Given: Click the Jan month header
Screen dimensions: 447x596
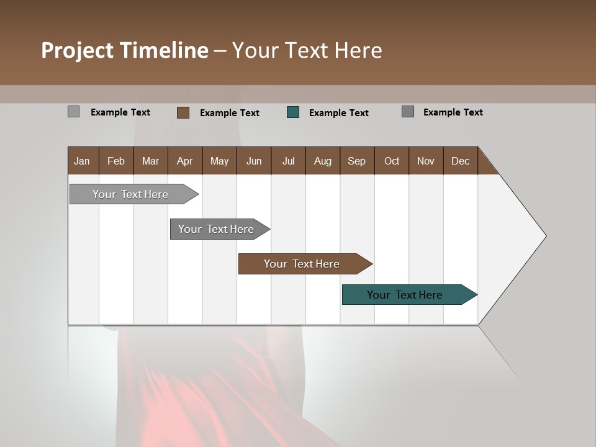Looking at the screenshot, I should pyautogui.click(x=82, y=161).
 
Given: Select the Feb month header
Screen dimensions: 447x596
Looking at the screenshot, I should pyautogui.click(x=116, y=161).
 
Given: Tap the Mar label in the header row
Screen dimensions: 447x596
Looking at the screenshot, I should pyautogui.click(x=150, y=161).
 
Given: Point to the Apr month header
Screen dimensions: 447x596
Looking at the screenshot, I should pyautogui.click(x=184, y=161).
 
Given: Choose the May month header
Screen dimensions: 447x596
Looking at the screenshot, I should pyautogui.click(x=219, y=161).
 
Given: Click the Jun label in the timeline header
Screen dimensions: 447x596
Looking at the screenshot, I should pyautogui.click(x=254, y=161).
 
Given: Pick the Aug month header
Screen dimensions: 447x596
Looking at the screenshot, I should pyautogui.click(x=322, y=161).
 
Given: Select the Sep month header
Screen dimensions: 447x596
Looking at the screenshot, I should pyautogui.click(x=356, y=161).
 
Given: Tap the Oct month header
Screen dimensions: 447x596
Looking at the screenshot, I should pyautogui.click(x=392, y=161).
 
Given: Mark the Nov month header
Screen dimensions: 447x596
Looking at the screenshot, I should pyautogui.click(x=426, y=161).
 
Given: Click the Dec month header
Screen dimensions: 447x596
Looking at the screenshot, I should pyautogui.click(x=460, y=161).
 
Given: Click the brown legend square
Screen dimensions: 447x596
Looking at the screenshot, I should pyautogui.click(x=183, y=112).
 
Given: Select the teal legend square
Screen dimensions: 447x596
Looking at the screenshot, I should pyautogui.click(x=293, y=112).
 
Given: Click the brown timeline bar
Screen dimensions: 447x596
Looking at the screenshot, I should pyautogui.click(x=302, y=264).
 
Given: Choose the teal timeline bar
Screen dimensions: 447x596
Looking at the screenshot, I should pyautogui.click(x=405, y=295).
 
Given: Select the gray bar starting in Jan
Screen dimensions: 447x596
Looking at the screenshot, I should pyautogui.click(x=130, y=194).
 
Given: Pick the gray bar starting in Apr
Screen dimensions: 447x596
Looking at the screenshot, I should pyautogui.click(x=216, y=229).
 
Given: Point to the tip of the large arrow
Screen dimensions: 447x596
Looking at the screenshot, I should pyautogui.click(x=545, y=236).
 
